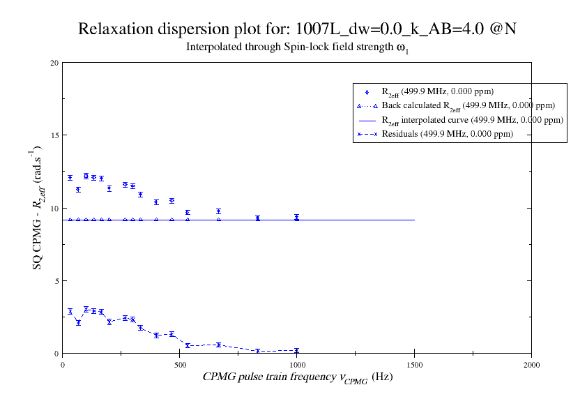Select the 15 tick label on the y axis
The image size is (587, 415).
pos(54,135)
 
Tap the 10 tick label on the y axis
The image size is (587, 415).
pos(54,208)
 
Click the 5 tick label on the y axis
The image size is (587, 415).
pos(56,280)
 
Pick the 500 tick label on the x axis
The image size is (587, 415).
pos(180,364)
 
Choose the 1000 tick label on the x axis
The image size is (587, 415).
pos(297,364)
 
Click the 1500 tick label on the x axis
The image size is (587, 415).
pos(414,364)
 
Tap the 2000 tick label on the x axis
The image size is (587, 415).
pos(531,364)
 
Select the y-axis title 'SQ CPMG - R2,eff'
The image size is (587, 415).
pos(37,208)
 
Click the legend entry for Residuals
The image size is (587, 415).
pos(447,134)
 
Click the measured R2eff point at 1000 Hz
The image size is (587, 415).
pos(297,218)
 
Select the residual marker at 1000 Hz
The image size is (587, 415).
pos(297,350)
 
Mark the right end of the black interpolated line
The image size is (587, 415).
pos(414,220)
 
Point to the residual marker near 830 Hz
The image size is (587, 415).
pos(258,351)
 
